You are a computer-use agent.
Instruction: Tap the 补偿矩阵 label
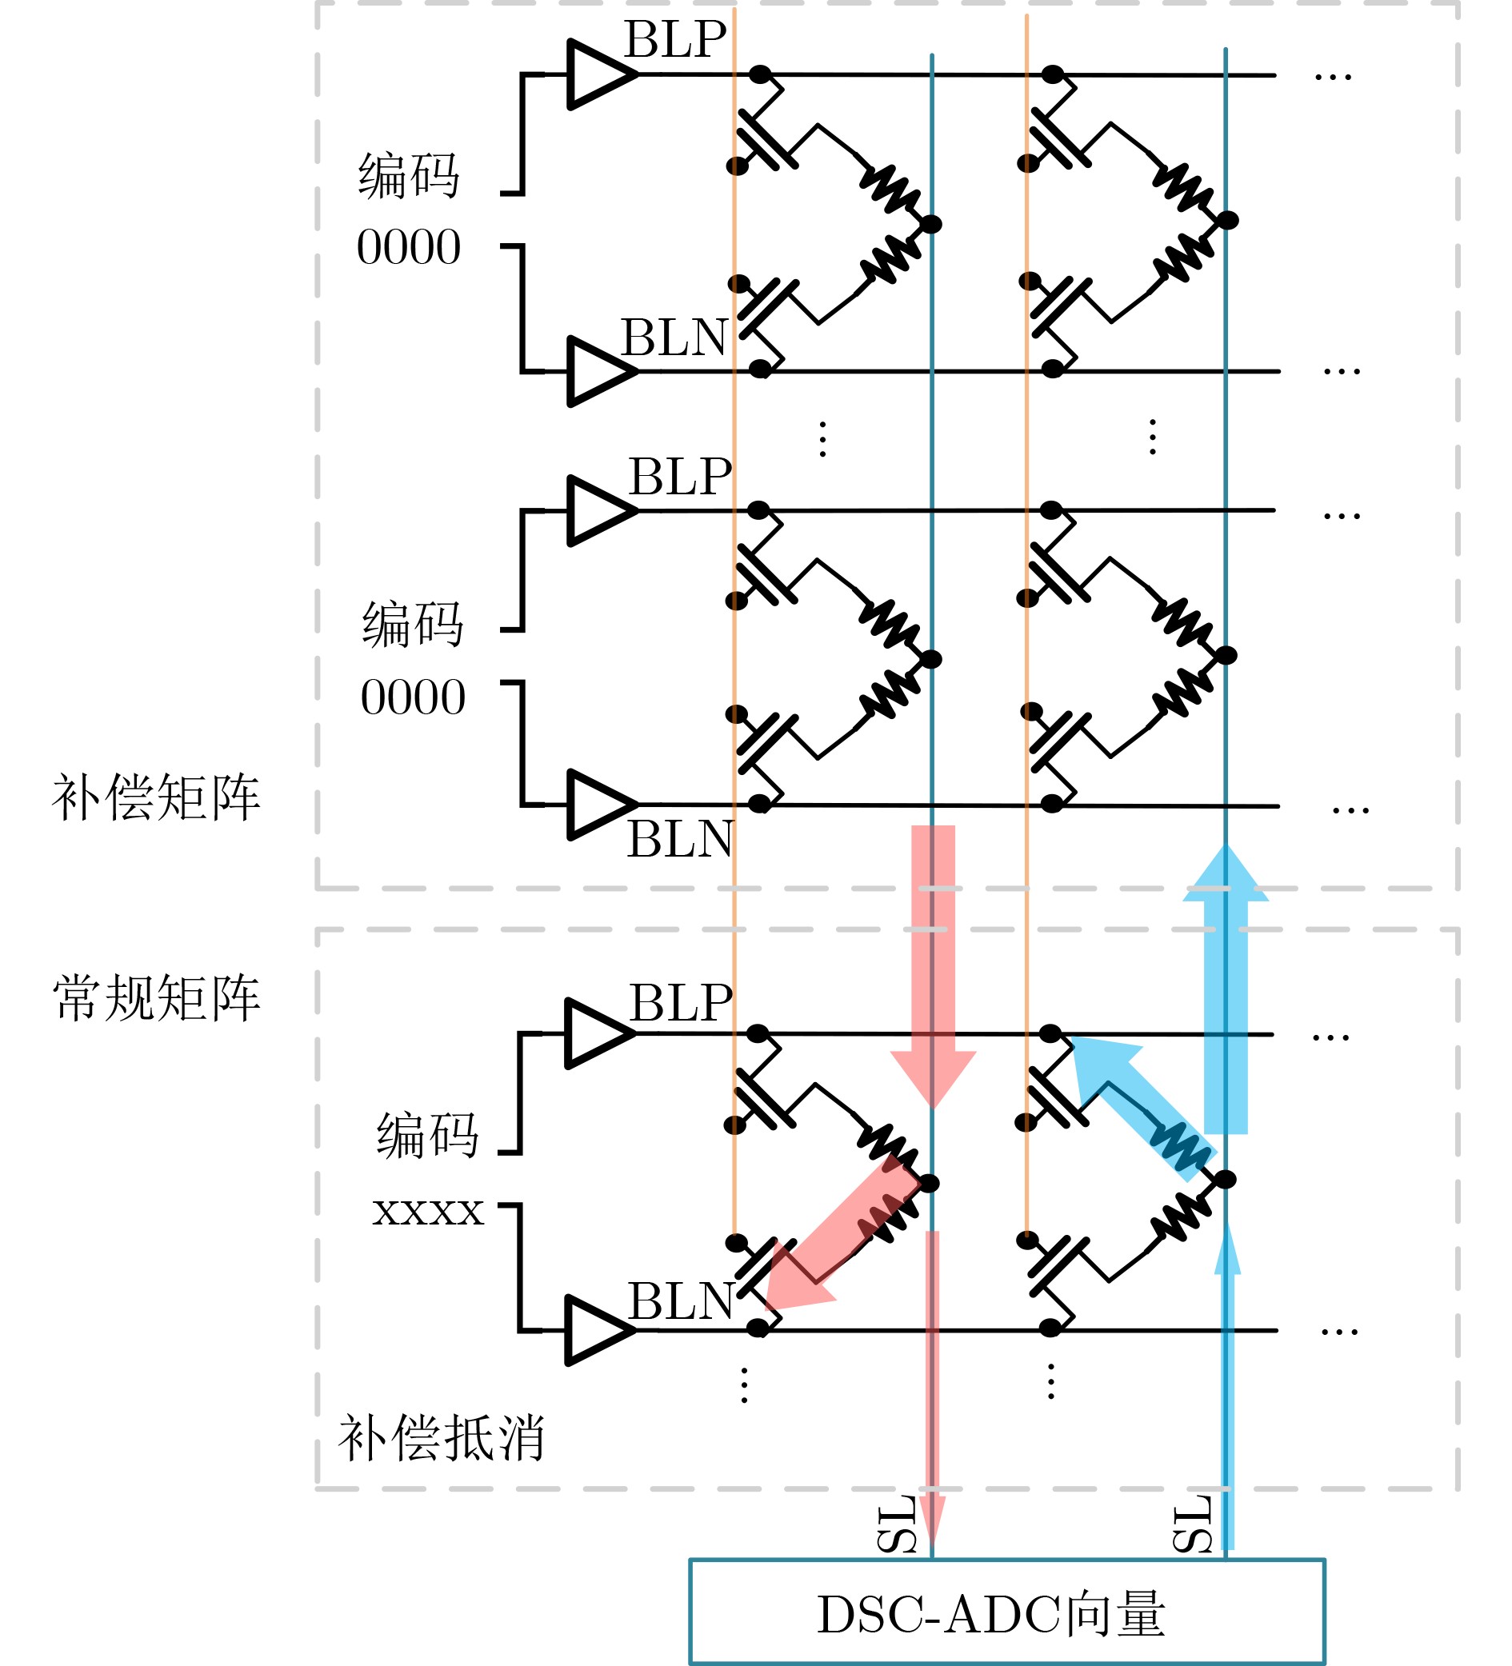click(x=156, y=798)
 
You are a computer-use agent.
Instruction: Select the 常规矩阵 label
click(x=156, y=998)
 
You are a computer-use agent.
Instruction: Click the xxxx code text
click(x=427, y=1213)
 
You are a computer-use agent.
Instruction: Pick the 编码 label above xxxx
click(x=427, y=1136)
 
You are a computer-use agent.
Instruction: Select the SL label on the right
click(x=1192, y=1524)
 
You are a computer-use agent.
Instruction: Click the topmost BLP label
click(x=674, y=40)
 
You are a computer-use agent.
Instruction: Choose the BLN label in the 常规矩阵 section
click(x=680, y=1301)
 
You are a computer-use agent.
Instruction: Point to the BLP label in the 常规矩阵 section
click(x=680, y=1003)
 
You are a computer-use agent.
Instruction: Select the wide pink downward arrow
click(x=933, y=959)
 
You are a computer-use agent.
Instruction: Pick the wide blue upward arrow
click(x=1225, y=992)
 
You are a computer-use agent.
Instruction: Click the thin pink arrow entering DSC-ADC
click(x=932, y=1396)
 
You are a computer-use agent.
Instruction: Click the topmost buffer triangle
click(x=597, y=74)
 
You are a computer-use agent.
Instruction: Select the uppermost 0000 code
click(x=408, y=247)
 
